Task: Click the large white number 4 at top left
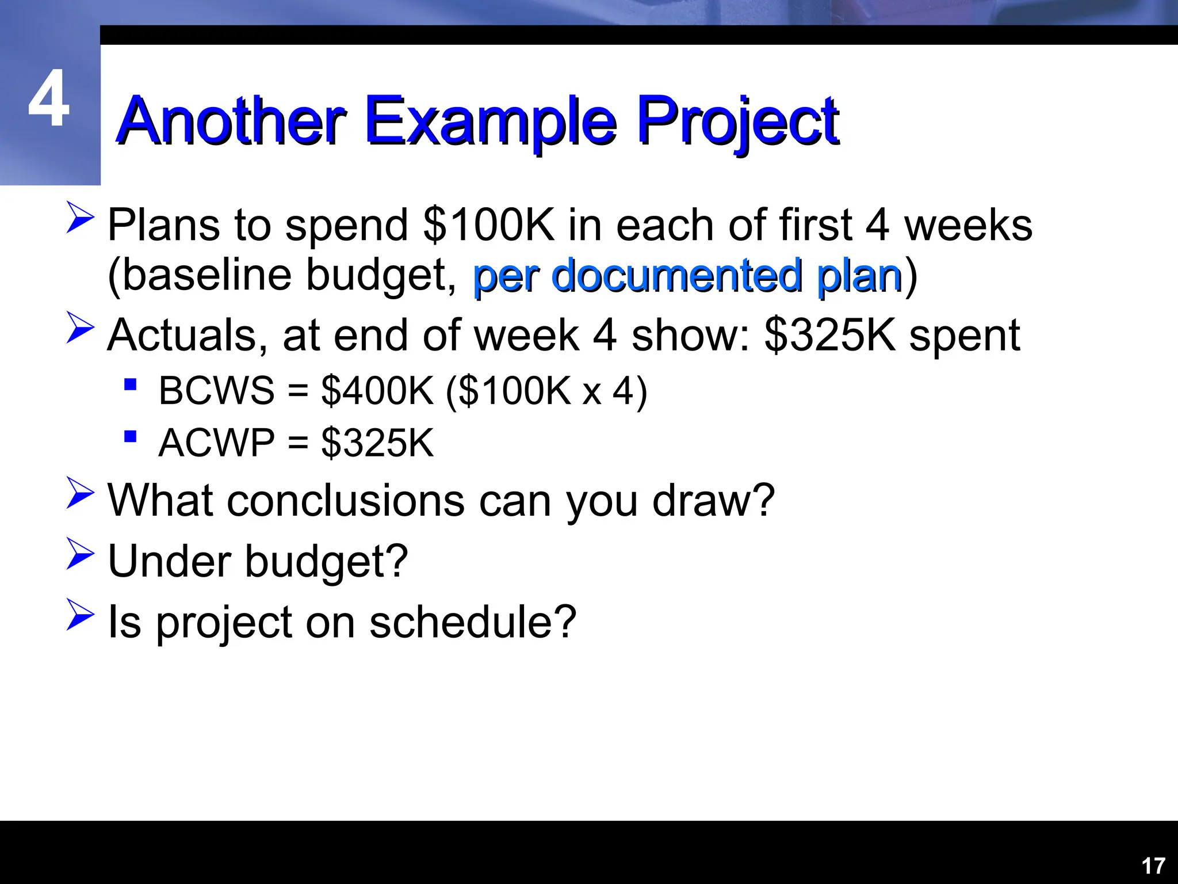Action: point(49,99)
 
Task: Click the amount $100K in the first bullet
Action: point(488,225)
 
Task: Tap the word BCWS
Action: point(216,391)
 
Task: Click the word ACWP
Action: point(216,443)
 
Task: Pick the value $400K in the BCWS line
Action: point(377,391)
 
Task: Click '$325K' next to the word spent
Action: point(829,336)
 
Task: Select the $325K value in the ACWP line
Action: point(377,443)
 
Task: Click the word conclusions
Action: point(345,500)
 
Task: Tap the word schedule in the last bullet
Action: point(472,622)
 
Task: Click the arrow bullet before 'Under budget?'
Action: point(80,554)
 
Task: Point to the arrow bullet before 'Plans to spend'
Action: point(80,217)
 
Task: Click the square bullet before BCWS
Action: point(131,384)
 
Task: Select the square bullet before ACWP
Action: point(131,436)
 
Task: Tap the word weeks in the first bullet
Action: point(968,225)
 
